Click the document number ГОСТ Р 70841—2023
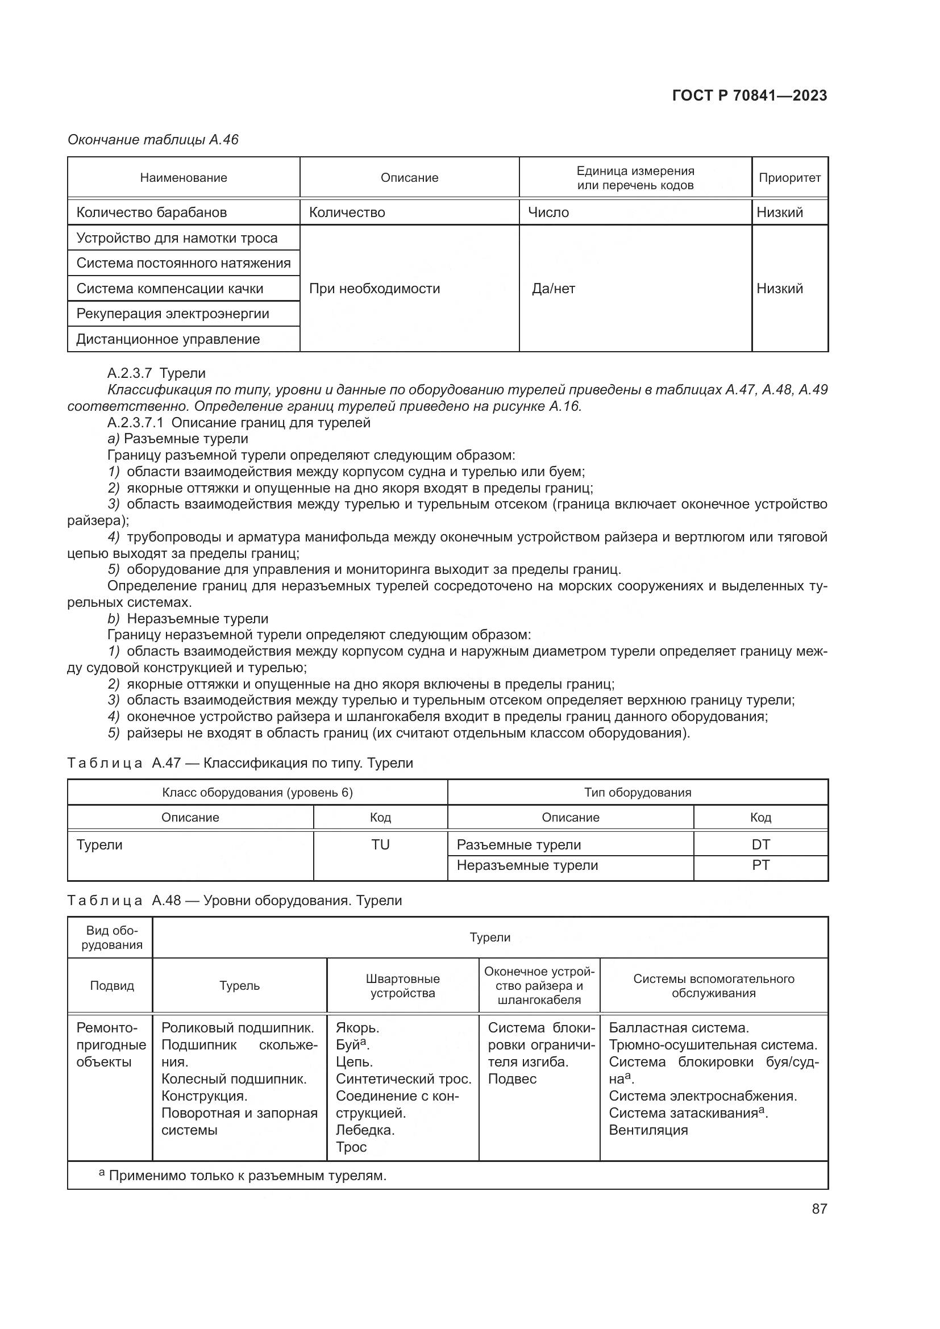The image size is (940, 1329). (x=749, y=95)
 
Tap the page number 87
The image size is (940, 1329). (x=819, y=1209)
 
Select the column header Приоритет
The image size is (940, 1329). (x=789, y=178)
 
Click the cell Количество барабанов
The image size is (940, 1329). (x=151, y=213)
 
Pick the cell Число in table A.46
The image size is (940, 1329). (x=548, y=213)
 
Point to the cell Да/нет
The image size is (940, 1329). (x=553, y=288)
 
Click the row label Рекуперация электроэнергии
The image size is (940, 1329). (x=173, y=314)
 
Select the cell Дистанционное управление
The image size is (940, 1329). (x=168, y=339)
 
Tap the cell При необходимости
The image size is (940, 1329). (x=374, y=288)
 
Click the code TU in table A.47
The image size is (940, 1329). (x=380, y=844)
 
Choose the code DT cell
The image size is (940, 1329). (x=760, y=844)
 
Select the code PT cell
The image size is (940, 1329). (x=760, y=865)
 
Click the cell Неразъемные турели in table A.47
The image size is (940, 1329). (x=527, y=865)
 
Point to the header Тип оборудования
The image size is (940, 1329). (x=637, y=793)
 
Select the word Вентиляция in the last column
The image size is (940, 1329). (x=648, y=1130)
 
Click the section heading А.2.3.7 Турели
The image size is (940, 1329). (x=156, y=373)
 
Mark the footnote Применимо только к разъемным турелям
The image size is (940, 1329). (x=247, y=1176)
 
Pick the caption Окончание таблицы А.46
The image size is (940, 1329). (x=153, y=140)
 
